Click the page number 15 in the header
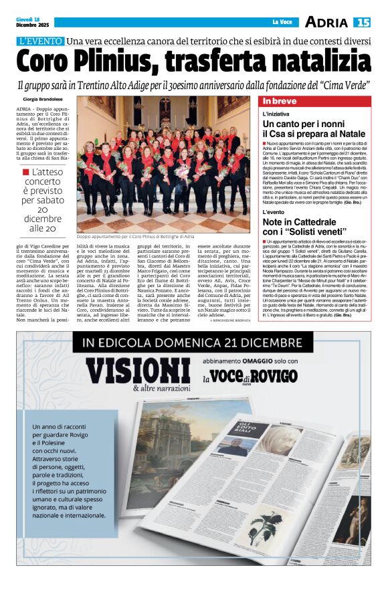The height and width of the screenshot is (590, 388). tap(362, 23)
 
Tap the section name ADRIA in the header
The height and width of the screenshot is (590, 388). tap(326, 23)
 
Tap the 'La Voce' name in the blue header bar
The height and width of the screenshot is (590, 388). tap(282, 23)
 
